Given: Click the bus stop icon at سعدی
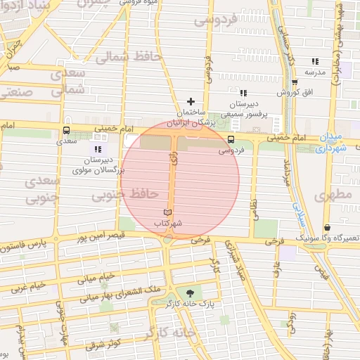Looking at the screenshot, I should pyautogui.click(x=67, y=130).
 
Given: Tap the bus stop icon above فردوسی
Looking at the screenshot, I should pyautogui.click(x=231, y=139).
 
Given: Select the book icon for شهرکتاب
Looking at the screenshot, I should pyautogui.click(x=167, y=212).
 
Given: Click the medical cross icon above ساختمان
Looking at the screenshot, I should pyautogui.click(x=190, y=102).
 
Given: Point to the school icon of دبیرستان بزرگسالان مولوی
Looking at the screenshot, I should pyautogui.click(x=98, y=149).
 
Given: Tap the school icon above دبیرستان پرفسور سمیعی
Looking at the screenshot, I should pyautogui.click(x=243, y=93).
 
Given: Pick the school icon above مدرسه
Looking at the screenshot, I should pyautogui.click(x=314, y=62).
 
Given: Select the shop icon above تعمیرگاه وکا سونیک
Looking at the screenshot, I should pyautogui.click(x=328, y=228).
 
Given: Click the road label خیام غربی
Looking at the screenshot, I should pyautogui.click(x=28, y=287).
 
